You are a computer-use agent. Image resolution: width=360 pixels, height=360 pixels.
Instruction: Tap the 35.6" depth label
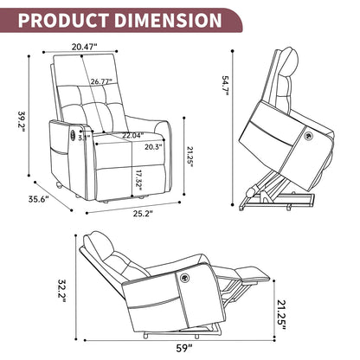(x=37, y=198)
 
